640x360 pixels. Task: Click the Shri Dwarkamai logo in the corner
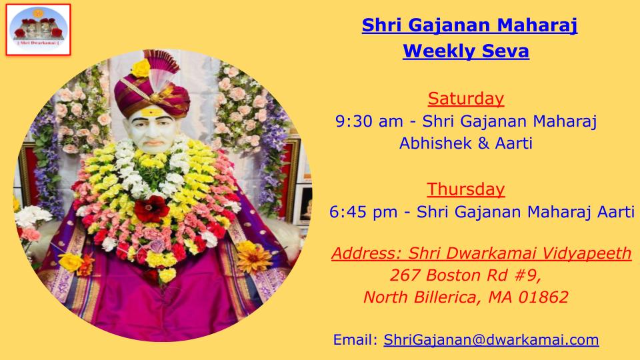click(x=39, y=29)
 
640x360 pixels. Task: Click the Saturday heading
click(x=466, y=99)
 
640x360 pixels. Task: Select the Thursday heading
click(x=466, y=189)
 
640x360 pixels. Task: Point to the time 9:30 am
click(x=369, y=121)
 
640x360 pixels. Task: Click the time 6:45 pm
click(x=363, y=212)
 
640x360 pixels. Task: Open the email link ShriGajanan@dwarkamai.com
click(x=491, y=339)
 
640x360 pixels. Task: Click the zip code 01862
click(x=543, y=297)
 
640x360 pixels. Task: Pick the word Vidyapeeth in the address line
click(x=587, y=253)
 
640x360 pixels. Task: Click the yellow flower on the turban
click(x=141, y=68)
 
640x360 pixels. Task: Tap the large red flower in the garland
click(x=151, y=209)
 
